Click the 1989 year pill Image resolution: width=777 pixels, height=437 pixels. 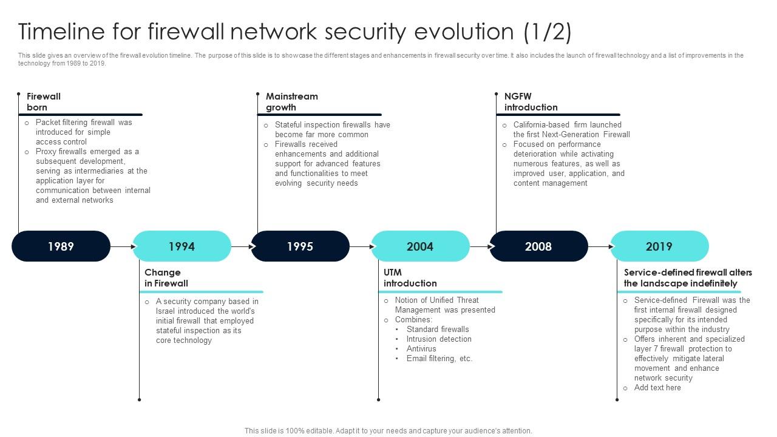coord(61,246)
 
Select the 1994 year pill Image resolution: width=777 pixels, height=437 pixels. coord(182,246)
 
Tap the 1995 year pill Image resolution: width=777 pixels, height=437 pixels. coord(300,246)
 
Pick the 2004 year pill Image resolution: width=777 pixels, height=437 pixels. coord(420,246)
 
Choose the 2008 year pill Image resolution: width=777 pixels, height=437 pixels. coord(538,246)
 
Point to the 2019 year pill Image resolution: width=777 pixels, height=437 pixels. coord(659,246)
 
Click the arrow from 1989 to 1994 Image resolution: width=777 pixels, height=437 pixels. coord(122,247)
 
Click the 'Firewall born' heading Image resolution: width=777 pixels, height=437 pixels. coord(44,102)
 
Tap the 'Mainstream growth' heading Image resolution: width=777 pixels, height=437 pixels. coord(291,102)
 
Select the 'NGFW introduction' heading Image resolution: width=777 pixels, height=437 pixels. coord(531,102)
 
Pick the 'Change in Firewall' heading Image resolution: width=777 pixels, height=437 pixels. coord(166,278)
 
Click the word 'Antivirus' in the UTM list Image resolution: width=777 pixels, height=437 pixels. coord(421,349)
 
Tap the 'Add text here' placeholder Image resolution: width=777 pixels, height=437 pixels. coord(657,388)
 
